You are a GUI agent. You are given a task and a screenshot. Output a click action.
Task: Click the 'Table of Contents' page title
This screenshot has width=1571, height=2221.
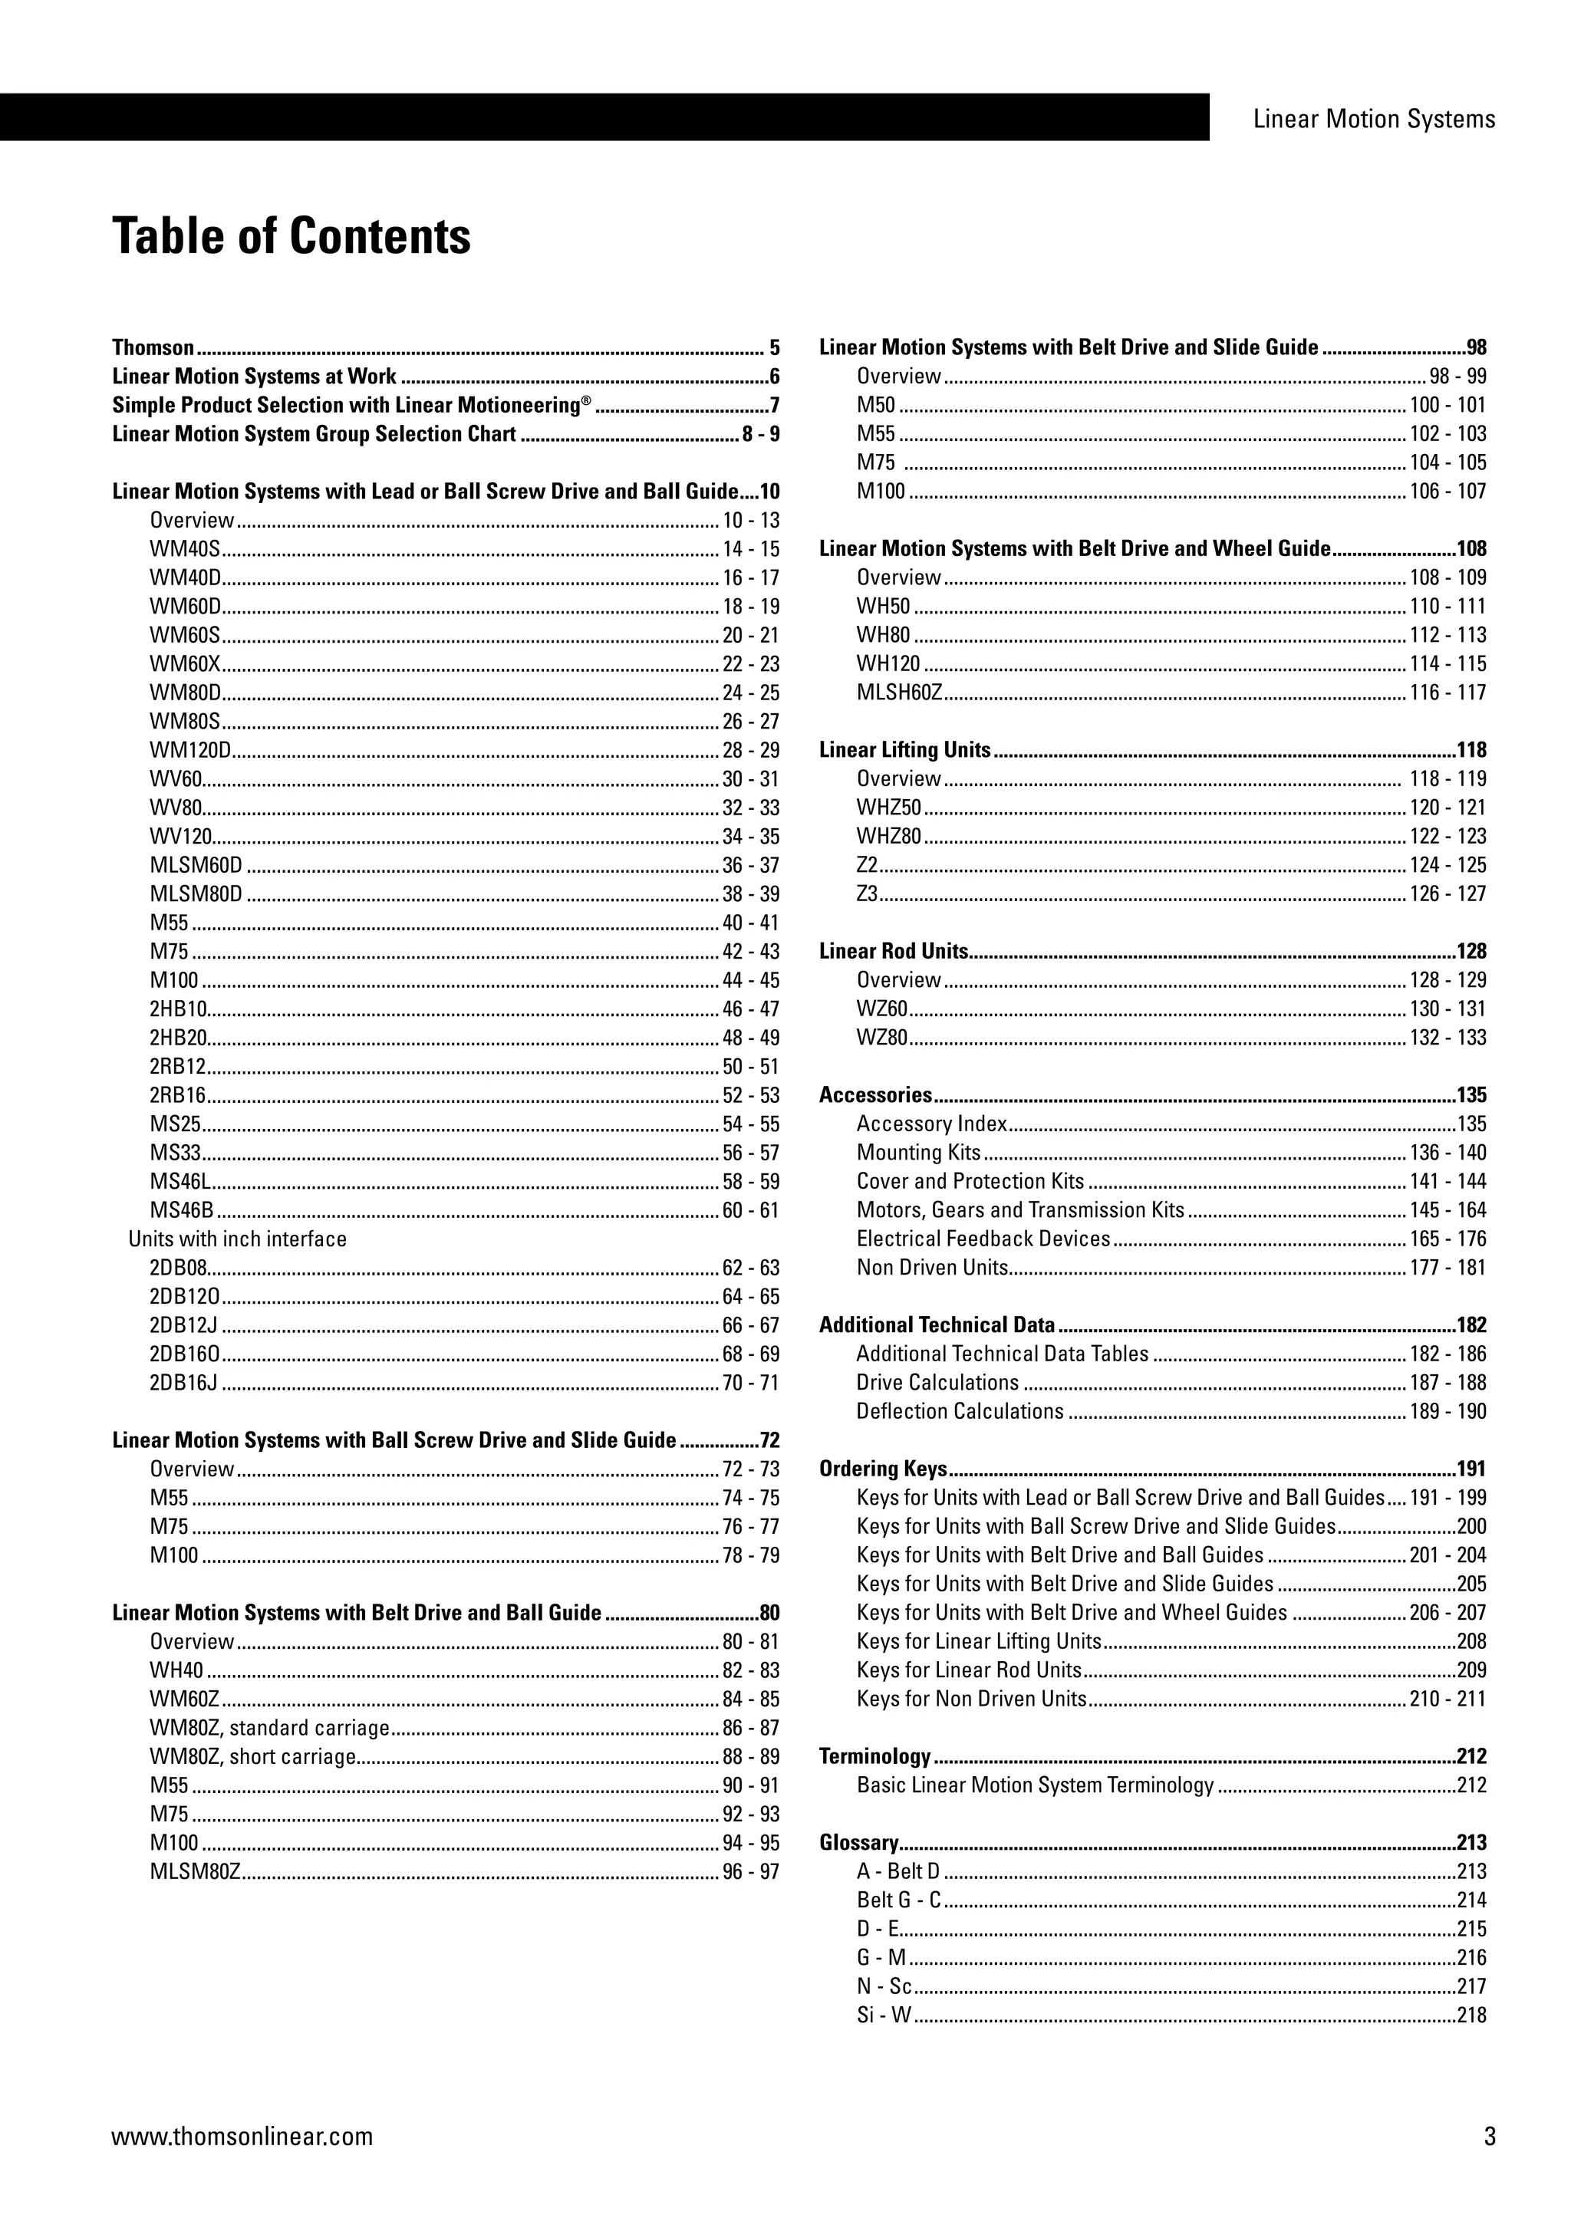291,236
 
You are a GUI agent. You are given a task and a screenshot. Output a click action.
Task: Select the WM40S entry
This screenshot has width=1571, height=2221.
185,549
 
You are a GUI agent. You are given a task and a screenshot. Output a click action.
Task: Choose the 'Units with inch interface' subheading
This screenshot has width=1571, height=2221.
237,1239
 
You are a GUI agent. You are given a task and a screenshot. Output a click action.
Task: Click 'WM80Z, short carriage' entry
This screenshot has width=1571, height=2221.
252,1757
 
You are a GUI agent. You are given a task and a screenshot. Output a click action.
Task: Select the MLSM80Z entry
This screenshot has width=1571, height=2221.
194,1872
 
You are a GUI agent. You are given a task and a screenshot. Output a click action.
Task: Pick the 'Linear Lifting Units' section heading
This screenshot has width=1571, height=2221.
904,751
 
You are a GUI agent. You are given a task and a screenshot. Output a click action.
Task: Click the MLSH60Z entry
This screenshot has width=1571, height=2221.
899,693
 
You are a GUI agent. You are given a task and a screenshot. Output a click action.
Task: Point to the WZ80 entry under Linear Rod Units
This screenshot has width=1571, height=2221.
881,1038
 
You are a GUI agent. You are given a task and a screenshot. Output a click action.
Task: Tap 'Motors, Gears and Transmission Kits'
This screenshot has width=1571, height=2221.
1019,1210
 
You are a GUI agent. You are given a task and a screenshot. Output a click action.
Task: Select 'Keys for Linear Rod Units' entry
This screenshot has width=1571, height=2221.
968,1670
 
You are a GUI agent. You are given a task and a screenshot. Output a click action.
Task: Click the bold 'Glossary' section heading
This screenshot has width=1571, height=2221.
858,1843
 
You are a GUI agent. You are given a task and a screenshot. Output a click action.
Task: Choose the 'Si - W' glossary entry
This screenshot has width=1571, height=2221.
883,2016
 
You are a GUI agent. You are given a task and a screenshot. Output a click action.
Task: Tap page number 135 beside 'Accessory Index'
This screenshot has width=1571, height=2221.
1471,1124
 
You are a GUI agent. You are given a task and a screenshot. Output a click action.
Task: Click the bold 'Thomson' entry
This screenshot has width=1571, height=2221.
153,348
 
